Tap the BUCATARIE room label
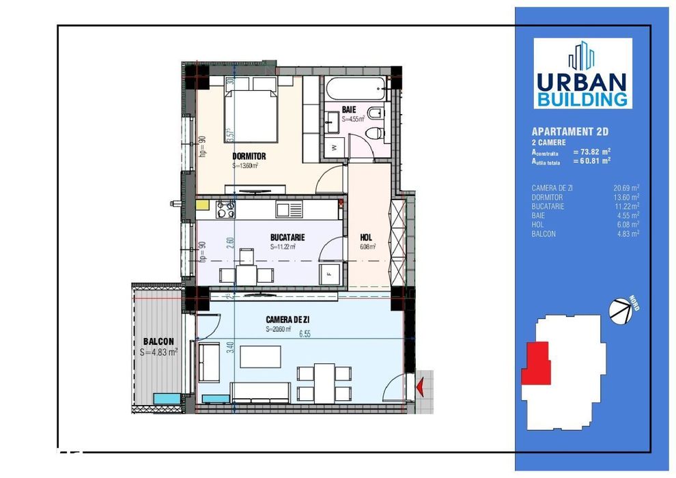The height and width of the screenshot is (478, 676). [287, 238]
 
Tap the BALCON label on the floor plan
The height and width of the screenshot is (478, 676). [158, 341]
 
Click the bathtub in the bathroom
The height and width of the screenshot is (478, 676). [356, 89]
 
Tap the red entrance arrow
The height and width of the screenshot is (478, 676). [421, 386]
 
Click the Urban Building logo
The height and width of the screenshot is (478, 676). [582, 74]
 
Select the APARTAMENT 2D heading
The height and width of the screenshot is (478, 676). [569, 131]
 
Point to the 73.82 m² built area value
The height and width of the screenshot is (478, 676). [591, 152]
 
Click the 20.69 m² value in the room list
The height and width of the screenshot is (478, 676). [625, 188]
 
